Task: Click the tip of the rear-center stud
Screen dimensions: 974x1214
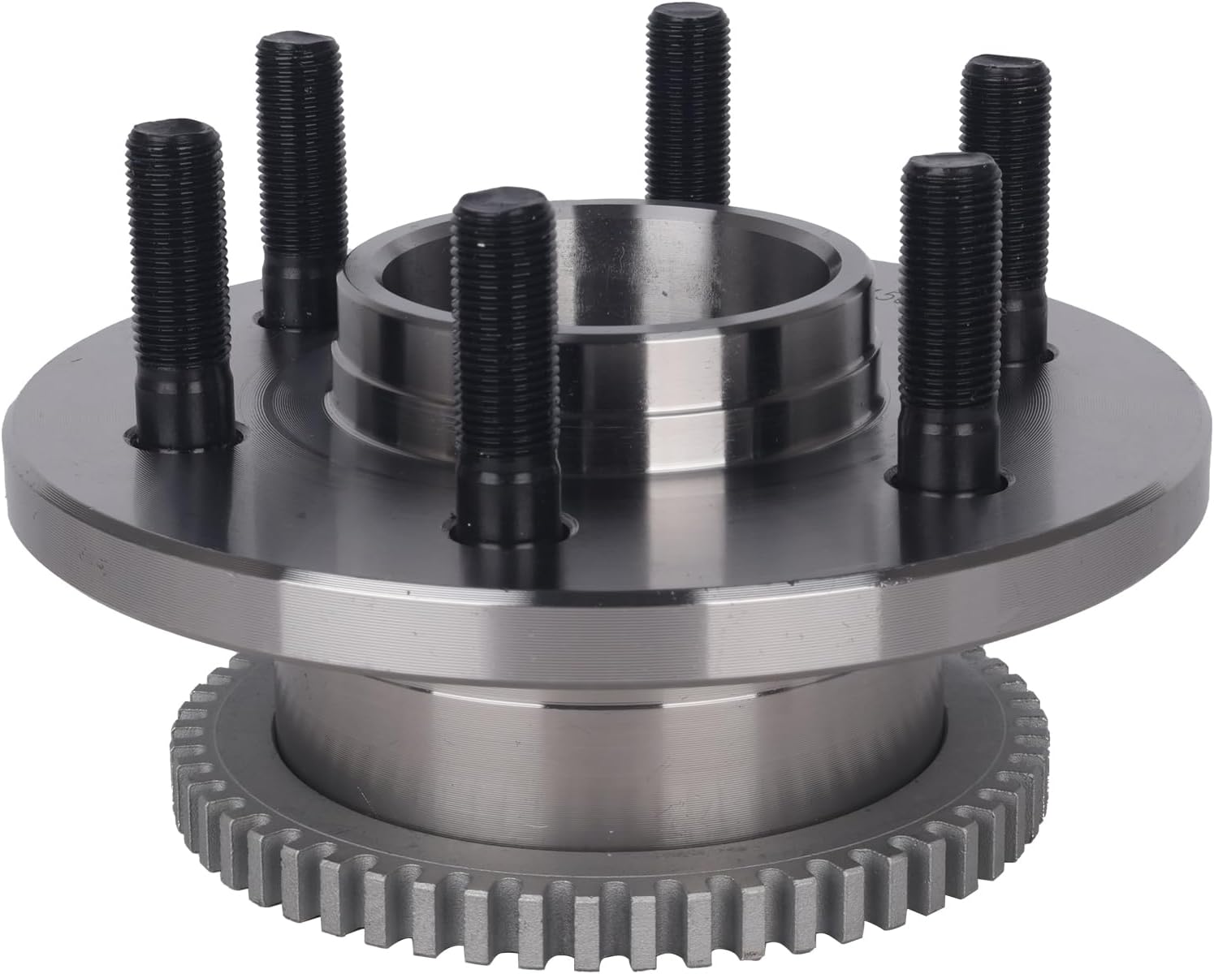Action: point(686,16)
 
